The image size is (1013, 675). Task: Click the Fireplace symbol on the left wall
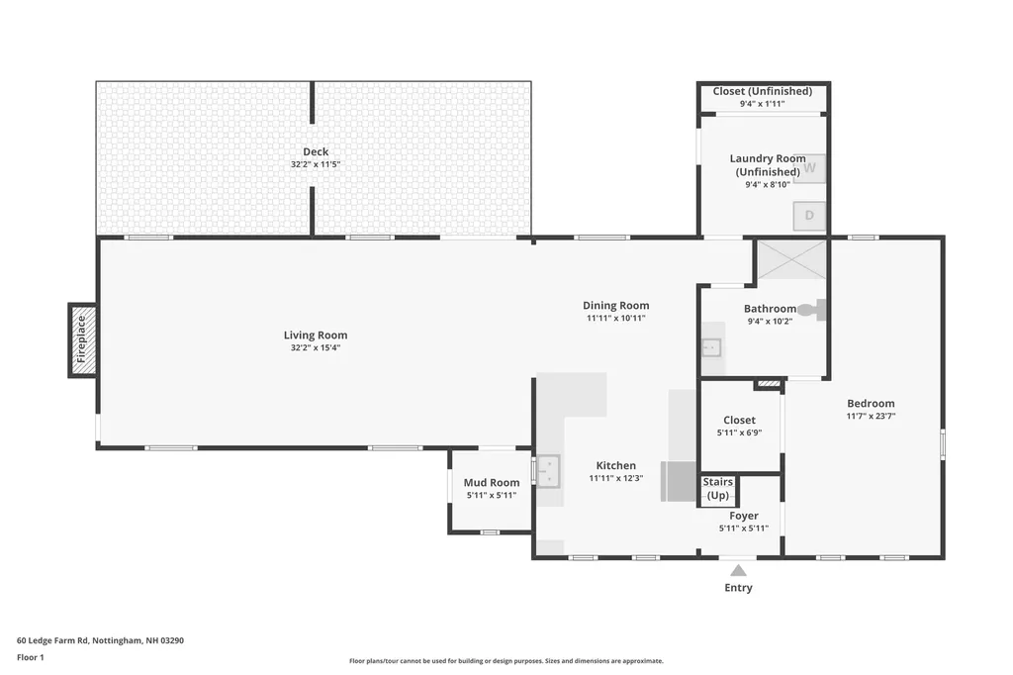83,339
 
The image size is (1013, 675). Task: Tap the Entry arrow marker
738,569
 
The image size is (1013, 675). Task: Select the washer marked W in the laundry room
810,167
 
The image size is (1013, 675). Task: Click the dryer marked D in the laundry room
809,215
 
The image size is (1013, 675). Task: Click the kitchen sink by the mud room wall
547,469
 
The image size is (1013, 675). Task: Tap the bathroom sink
710,347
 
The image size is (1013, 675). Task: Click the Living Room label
316,335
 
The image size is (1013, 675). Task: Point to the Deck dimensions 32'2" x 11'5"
316,164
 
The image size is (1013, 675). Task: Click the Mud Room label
492,483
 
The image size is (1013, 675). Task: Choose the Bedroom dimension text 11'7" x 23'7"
871,417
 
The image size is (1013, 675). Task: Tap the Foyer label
744,516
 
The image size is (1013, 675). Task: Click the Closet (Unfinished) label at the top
763,91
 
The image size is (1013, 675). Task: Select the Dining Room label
615,306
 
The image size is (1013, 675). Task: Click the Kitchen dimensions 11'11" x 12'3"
616,478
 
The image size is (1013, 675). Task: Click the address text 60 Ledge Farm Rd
100,640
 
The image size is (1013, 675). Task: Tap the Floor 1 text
31,657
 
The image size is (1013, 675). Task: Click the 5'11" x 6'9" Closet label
739,433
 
